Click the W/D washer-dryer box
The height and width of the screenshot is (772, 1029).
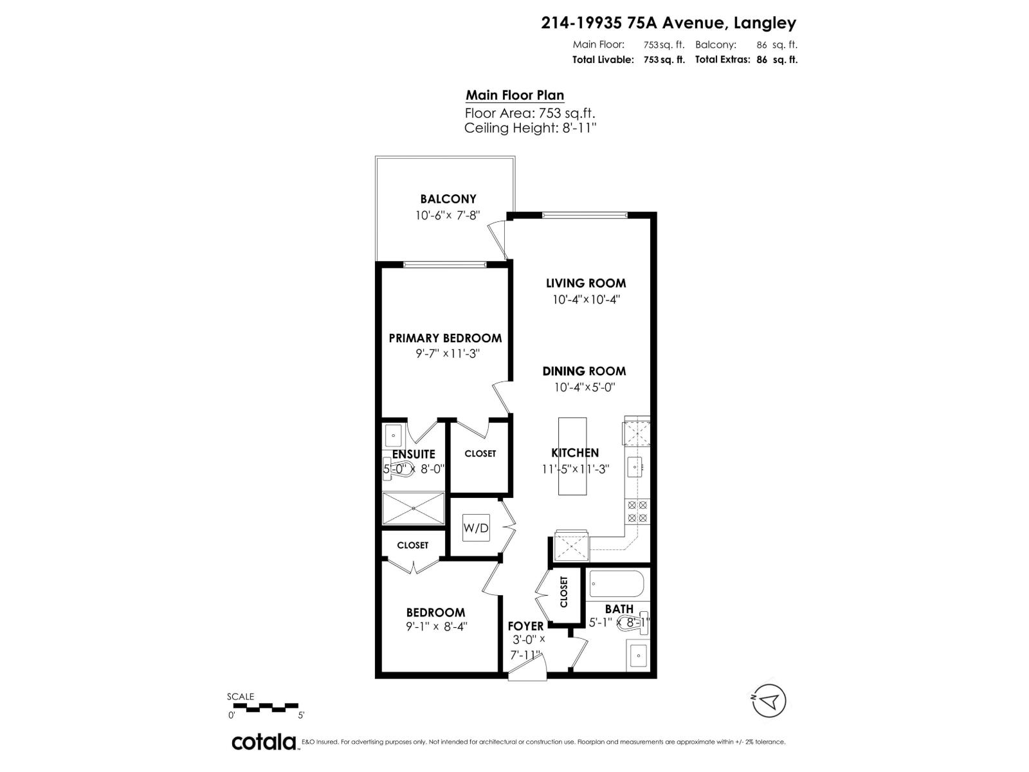pyautogui.click(x=476, y=528)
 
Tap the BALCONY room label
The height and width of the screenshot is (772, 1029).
pyautogui.click(x=448, y=199)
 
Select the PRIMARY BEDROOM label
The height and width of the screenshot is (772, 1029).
pyautogui.click(x=445, y=338)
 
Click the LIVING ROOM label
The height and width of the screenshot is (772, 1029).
pyautogui.click(x=586, y=283)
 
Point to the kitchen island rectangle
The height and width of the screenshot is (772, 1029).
pyautogui.click(x=572, y=456)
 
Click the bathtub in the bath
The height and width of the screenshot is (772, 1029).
pyautogui.click(x=616, y=585)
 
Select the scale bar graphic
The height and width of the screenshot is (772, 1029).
pyautogui.click(x=264, y=708)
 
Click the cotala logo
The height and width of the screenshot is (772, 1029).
pyautogui.click(x=264, y=742)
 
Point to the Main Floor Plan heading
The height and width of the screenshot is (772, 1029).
pyautogui.click(x=514, y=95)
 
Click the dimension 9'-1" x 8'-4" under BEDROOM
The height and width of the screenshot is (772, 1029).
pyautogui.click(x=436, y=626)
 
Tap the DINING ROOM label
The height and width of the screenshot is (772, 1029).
pyautogui.click(x=584, y=371)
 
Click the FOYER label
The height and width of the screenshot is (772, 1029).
pyautogui.click(x=525, y=626)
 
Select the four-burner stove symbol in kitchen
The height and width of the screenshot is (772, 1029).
pyautogui.click(x=637, y=511)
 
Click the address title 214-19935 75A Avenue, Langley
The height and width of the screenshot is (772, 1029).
pyautogui.click(x=668, y=23)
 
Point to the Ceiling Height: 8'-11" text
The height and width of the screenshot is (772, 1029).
pyautogui.click(x=531, y=128)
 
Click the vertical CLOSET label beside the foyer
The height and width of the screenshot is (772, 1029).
pyautogui.click(x=564, y=592)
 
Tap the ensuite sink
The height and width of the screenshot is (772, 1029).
pyautogui.click(x=392, y=436)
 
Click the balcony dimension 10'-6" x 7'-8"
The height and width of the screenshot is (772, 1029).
pyautogui.click(x=448, y=216)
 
